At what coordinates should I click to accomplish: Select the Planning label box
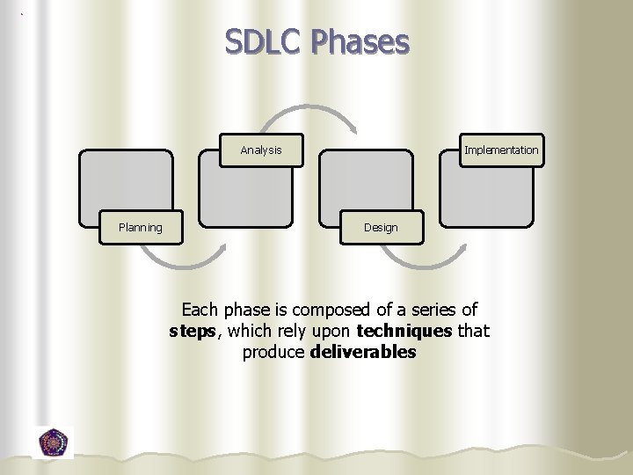pyautogui.click(x=141, y=228)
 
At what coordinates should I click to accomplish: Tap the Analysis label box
pyautogui.click(x=261, y=150)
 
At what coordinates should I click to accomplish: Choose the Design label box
pyautogui.click(x=381, y=228)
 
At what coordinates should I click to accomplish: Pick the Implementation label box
pyautogui.click(x=501, y=150)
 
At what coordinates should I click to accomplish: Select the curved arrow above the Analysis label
pyautogui.click(x=312, y=113)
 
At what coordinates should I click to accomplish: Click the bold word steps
pyautogui.click(x=191, y=331)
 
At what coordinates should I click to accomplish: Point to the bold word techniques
pyautogui.click(x=404, y=331)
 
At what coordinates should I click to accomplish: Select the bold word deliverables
pyautogui.click(x=363, y=352)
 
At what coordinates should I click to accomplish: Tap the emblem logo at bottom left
pyautogui.click(x=55, y=442)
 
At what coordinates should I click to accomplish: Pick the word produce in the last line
pyautogui.click(x=273, y=352)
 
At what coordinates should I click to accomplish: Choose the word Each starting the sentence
pyautogui.click(x=200, y=310)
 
